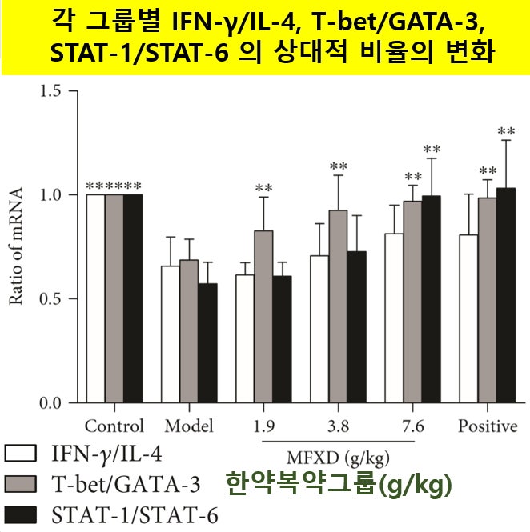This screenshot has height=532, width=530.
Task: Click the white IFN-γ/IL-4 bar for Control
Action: [95, 298]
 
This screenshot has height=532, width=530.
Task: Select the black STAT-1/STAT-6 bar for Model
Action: [207, 343]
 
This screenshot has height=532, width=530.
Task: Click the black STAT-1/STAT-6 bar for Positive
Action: [506, 295]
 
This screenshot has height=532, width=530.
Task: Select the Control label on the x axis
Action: [114, 426]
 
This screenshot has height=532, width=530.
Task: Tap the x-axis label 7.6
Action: [412, 426]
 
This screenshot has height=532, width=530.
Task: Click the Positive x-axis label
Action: [488, 426]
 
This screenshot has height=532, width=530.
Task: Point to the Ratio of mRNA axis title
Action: [15, 246]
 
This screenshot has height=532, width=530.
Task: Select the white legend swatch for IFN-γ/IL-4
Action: [21, 454]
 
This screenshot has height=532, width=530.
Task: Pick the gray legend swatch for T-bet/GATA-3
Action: [21, 484]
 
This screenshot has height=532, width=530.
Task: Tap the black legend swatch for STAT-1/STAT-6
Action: [21, 513]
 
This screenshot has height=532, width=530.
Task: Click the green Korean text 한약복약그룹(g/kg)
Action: [339, 485]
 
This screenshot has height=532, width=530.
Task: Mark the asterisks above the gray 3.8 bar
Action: [338, 167]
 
